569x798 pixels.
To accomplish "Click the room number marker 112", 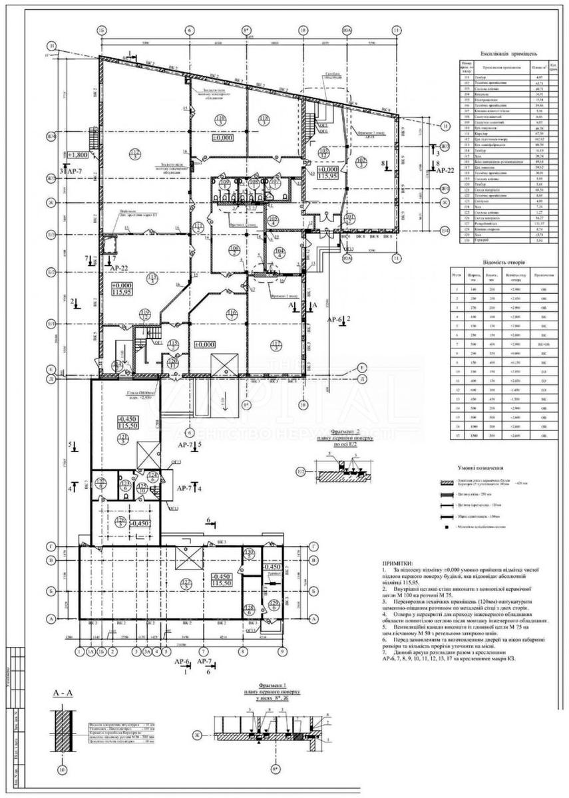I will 136,153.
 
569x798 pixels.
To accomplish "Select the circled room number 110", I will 220,120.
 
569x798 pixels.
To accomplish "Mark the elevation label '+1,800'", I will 78,154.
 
